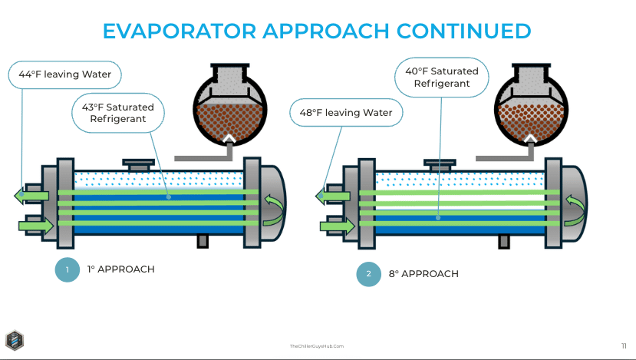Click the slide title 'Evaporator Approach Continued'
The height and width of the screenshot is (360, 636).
[317, 31]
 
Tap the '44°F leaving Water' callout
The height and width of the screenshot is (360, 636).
[65, 74]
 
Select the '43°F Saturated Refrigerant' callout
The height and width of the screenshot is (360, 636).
[122, 113]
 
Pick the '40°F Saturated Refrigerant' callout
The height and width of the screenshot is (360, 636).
[441, 77]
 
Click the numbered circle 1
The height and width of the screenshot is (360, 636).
[68, 269]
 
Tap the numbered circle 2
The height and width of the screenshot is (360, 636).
[369, 274]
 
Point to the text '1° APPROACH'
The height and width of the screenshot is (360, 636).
[120, 269]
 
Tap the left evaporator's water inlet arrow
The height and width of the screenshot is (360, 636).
[38, 226]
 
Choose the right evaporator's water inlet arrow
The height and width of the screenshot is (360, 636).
[339, 226]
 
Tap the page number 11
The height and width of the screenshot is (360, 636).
[623, 345]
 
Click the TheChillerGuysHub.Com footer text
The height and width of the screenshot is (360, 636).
[316, 346]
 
